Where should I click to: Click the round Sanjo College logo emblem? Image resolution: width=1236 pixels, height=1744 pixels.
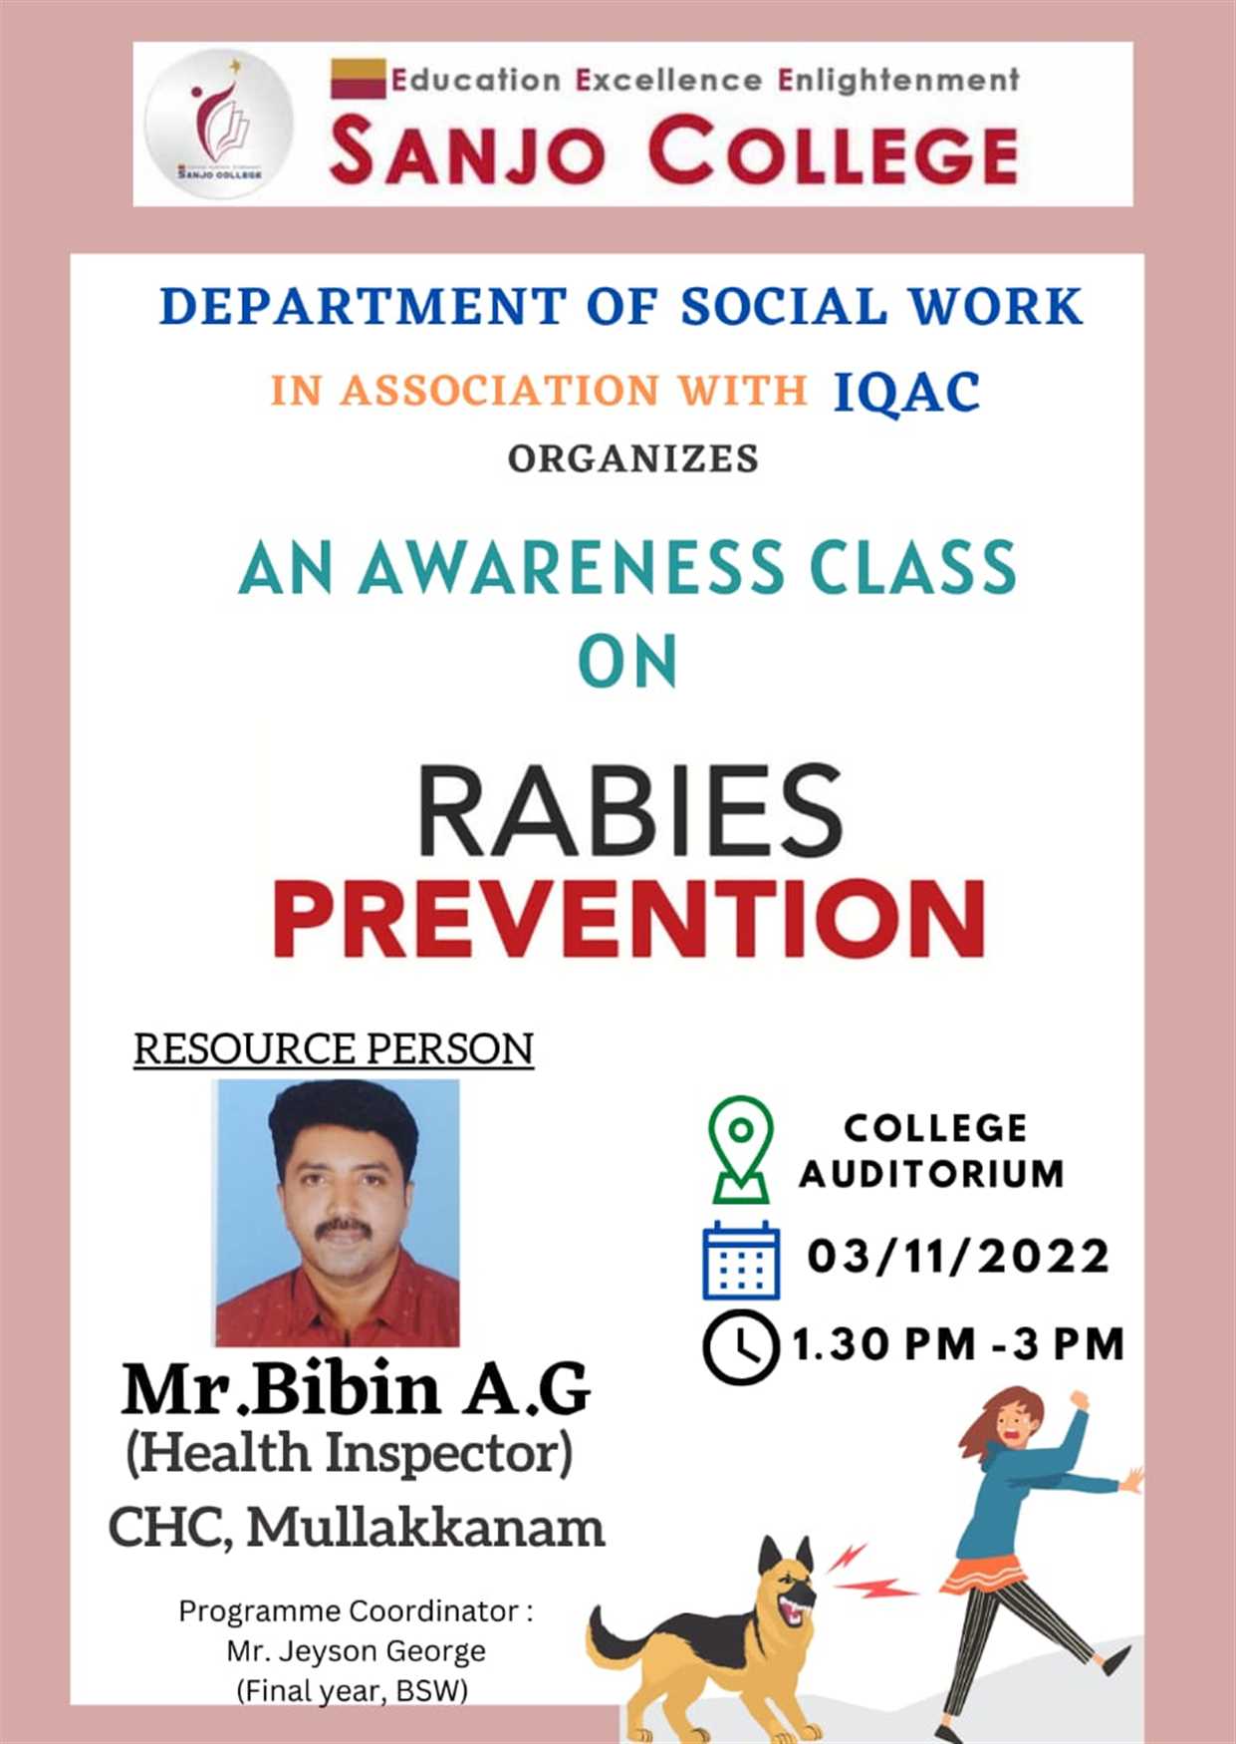pos(219,124)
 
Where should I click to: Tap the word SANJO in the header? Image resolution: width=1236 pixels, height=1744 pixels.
pos(467,150)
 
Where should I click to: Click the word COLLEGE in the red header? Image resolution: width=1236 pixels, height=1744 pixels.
pos(834,150)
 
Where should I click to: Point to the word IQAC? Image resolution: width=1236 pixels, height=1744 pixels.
pos(906,391)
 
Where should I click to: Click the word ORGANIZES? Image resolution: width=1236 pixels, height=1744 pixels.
pos(633,458)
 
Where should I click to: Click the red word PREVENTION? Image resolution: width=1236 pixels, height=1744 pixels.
pos(629,918)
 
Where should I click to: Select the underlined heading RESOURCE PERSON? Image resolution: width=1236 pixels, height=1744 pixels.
pos(334,1049)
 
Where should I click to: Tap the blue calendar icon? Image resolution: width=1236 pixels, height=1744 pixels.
pos(741,1260)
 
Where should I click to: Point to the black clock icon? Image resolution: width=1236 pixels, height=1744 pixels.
pos(740,1347)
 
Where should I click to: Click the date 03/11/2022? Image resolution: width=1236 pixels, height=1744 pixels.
pos(958,1256)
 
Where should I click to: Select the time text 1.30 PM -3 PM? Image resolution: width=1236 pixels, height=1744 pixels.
pos(958,1344)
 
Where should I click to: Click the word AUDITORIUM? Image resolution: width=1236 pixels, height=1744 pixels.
pos(932,1174)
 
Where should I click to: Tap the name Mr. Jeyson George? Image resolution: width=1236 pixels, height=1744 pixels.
pos(356,1651)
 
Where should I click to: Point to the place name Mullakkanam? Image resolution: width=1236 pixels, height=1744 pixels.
pos(426,1527)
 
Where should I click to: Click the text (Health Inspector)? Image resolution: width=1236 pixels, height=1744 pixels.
pos(350,1453)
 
